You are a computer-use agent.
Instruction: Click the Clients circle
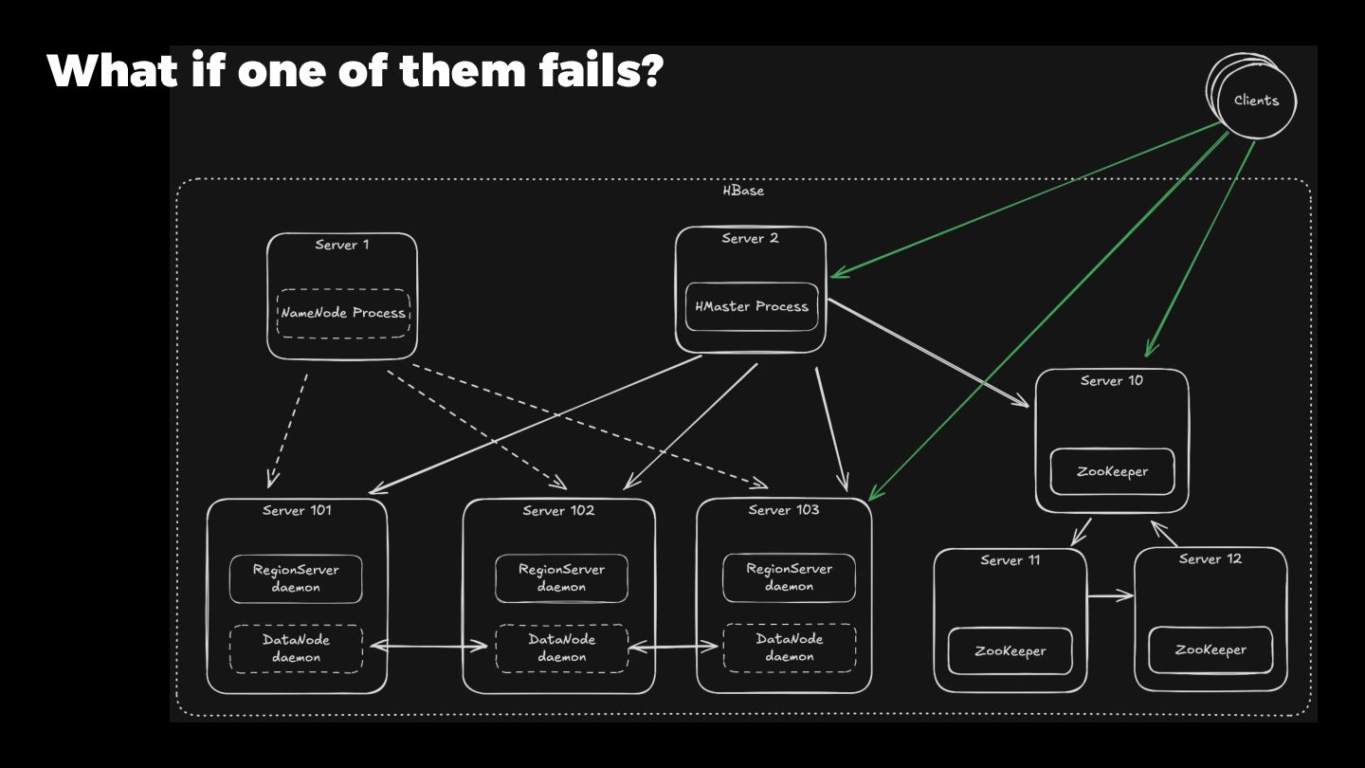pyautogui.click(x=1256, y=101)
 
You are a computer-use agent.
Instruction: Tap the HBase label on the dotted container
pyautogui.click(x=743, y=191)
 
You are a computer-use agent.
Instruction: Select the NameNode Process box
pyautogui.click(x=343, y=313)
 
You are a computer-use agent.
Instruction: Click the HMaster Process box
pyautogui.click(x=752, y=307)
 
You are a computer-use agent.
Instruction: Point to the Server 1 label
pyautogui.click(x=342, y=245)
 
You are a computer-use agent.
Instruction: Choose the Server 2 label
pyautogui.click(x=750, y=238)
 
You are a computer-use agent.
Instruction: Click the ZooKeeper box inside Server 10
pyautogui.click(x=1112, y=471)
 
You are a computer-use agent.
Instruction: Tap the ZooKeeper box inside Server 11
pyautogui.click(x=1010, y=651)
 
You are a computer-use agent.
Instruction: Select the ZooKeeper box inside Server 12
pyautogui.click(x=1210, y=649)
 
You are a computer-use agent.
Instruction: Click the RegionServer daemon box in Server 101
pyautogui.click(x=296, y=578)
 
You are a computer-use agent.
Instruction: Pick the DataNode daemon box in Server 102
pyautogui.click(x=561, y=648)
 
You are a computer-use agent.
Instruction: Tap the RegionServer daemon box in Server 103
pyautogui.click(x=789, y=577)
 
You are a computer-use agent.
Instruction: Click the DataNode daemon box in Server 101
pyautogui.click(x=296, y=649)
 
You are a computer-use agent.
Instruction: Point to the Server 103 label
pyautogui.click(x=783, y=510)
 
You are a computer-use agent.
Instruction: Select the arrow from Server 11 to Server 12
pyautogui.click(x=1110, y=596)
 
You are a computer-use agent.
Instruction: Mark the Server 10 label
pyautogui.click(x=1111, y=381)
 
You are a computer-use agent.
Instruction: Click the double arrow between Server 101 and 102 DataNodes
pyautogui.click(x=428, y=648)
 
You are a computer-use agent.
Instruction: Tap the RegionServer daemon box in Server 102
pyautogui.click(x=561, y=578)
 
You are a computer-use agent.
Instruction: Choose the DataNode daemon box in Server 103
pyautogui.click(x=789, y=648)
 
